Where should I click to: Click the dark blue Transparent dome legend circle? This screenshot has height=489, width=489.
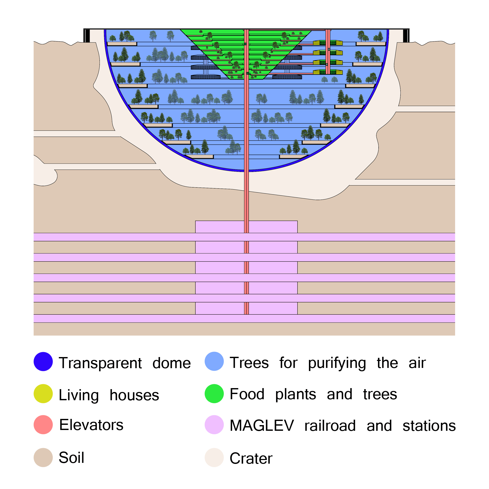[43, 361]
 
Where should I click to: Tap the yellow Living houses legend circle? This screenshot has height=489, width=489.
[43, 394]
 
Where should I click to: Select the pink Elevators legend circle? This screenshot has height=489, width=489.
[43, 425]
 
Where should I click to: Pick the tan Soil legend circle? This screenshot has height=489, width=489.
[43, 457]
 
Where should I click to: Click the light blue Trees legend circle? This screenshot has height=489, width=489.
[214, 361]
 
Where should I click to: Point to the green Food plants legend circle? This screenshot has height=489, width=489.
[214, 394]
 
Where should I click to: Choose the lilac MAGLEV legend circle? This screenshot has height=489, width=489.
[214, 425]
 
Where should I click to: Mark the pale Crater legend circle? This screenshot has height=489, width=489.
[214, 457]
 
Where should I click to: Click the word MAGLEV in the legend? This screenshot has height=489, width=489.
[262, 425]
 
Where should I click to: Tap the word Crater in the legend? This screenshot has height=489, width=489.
[251, 458]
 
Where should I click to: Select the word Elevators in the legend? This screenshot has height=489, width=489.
[91, 425]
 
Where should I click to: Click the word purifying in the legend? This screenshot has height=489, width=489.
[337, 363]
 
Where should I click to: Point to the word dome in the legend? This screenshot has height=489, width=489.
[172, 363]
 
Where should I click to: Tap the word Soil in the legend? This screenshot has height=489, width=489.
[71, 457]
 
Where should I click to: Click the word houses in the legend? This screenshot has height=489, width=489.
[134, 395]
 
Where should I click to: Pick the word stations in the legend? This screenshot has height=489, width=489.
[429, 426]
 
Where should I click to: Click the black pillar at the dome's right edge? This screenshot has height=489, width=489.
[406, 36]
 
